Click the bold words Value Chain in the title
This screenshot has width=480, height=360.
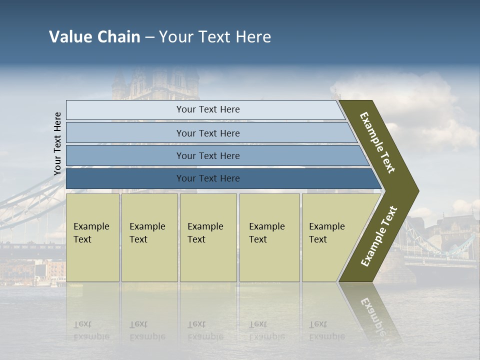point(94,37)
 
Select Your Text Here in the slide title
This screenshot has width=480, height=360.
point(215,37)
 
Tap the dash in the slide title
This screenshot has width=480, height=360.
point(149,37)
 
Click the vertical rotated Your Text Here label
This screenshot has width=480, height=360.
point(57,144)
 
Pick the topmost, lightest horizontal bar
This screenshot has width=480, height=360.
point(207,109)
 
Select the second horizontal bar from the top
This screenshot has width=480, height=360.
point(207,133)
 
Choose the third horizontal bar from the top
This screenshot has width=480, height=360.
point(207,155)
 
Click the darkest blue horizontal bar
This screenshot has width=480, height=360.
point(207,178)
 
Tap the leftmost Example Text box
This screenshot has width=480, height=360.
point(92,237)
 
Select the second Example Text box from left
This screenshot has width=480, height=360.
point(149,237)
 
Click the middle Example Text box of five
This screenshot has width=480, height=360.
point(208,237)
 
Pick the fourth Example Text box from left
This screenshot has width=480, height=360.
point(269,237)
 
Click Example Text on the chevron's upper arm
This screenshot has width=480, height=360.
point(377,142)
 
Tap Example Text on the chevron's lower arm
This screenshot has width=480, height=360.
point(379,236)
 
